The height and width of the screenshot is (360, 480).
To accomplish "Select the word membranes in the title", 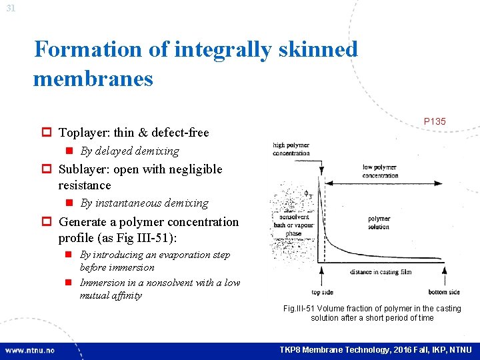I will pyautogui.click(x=93, y=79).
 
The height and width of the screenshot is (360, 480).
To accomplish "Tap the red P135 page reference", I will pyautogui.click(x=435, y=121).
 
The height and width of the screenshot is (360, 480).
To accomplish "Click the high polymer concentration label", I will pyautogui.click(x=291, y=149).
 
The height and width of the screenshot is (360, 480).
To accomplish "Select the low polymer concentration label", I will pyautogui.click(x=380, y=171).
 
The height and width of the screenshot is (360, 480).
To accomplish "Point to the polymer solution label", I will pyautogui.click(x=379, y=223).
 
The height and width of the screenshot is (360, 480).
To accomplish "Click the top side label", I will pyautogui.click(x=322, y=292).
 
